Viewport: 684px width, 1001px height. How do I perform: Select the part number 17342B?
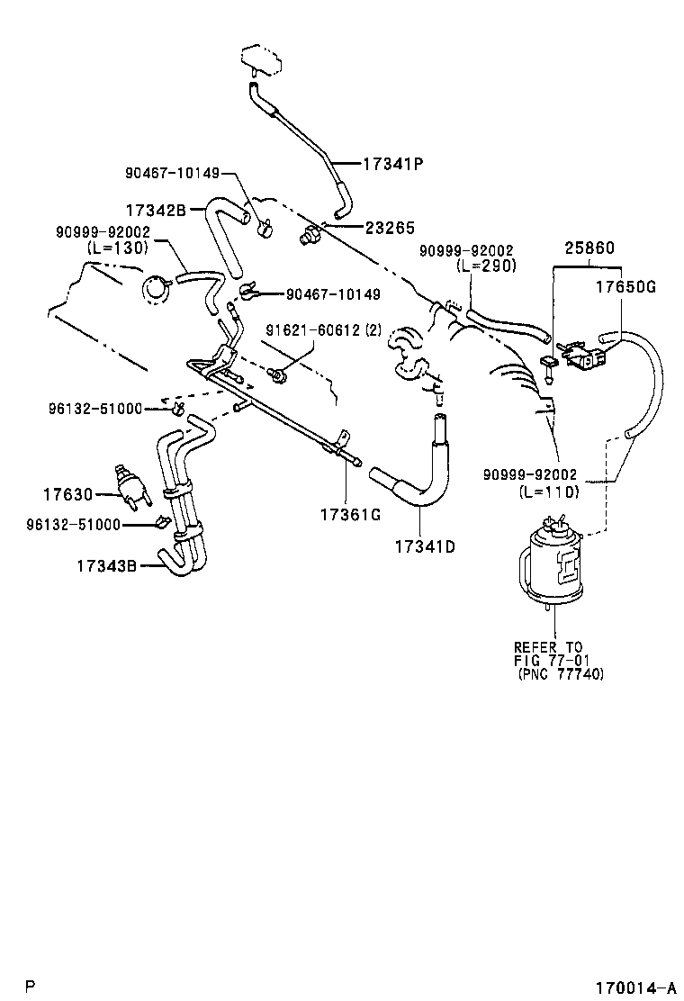point(156,210)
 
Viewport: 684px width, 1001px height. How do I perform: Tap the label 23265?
point(388,229)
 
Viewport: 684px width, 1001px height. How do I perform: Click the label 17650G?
point(625,288)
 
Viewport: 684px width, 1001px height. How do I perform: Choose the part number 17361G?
point(349,514)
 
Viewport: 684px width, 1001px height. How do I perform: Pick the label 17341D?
point(424,546)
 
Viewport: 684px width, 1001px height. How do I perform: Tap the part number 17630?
point(67,493)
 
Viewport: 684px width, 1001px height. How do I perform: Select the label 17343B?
point(106,566)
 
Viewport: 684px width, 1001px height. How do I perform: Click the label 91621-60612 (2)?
point(310,330)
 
